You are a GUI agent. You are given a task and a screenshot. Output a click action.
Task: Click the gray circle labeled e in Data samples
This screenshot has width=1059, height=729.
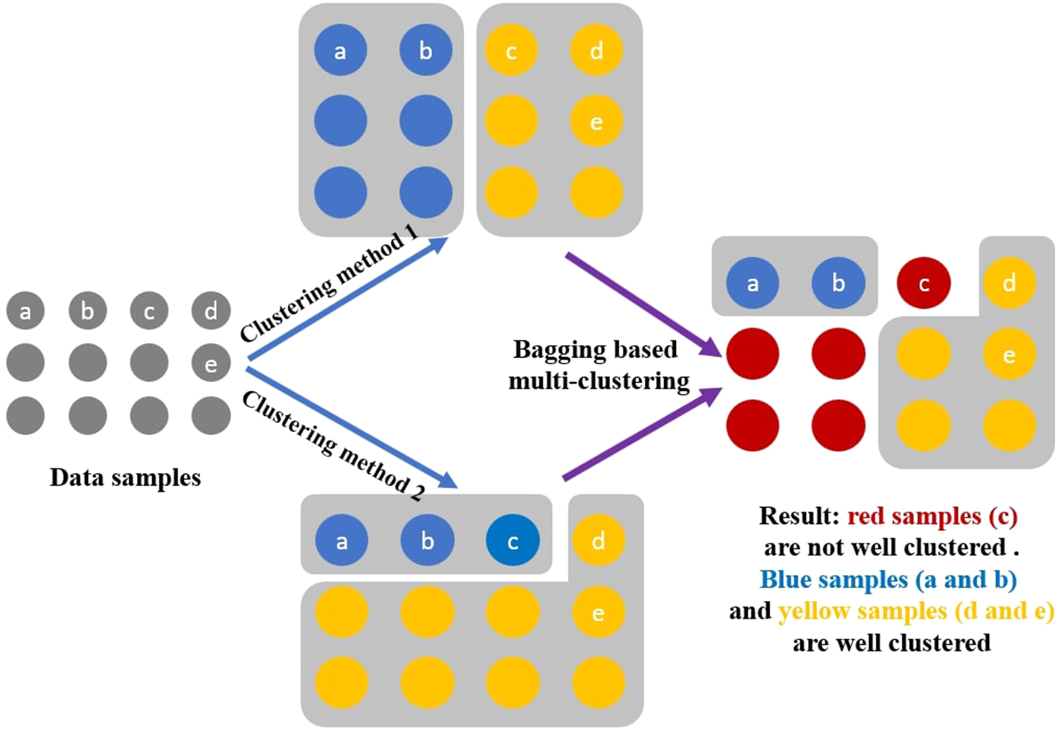pyautogui.click(x=211, y=363)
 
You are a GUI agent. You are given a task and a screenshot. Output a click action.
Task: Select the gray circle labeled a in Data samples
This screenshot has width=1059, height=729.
pyautogui.click(x=25, y=311)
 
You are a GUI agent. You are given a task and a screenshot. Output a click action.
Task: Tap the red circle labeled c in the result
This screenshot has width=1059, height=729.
pyautogui.click(x=924, y=283)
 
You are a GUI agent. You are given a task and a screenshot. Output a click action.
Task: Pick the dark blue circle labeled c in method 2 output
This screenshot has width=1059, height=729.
pyautogui.click(x=512, y=540)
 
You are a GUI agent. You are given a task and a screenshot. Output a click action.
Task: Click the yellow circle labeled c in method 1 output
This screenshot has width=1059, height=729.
pyautogui.click(x=511, y=51)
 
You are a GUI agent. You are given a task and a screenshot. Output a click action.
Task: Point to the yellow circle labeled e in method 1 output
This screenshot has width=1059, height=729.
pyautogui.click(x=596, y=121)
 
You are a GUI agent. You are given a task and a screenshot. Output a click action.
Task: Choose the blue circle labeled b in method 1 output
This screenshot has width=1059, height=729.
pyautogui.click(x=426, y=51)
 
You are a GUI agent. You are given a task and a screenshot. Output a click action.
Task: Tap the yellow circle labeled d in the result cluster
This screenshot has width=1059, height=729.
pyautogui.click(x=1009, y=283)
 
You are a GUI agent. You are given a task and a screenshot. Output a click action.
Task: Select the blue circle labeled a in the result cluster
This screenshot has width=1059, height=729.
pyautogui.click(x=753, y=283)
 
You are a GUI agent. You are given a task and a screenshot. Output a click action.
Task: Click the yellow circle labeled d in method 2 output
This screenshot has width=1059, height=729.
pyautogui.click(x=598, y=540)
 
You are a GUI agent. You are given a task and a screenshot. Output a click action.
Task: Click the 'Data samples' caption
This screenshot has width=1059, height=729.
pyautogui.click(x=125, y=477)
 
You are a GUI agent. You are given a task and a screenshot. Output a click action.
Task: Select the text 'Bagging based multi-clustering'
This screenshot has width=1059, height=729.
pyautogui.click(x=598, y=365)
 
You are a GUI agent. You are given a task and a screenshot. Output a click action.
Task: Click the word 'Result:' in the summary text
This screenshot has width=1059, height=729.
pyautogui.click(x=799, y=516)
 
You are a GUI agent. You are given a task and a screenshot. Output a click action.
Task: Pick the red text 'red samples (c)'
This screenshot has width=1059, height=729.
pyautogui.click(x=932, y=516)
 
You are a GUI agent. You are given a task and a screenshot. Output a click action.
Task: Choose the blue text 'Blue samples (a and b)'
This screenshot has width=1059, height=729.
pyautogui.click(x=888, y=579)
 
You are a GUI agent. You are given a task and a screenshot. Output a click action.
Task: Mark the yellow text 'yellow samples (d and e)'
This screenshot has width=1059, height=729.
pyautogui.click(x=915, y=611)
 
